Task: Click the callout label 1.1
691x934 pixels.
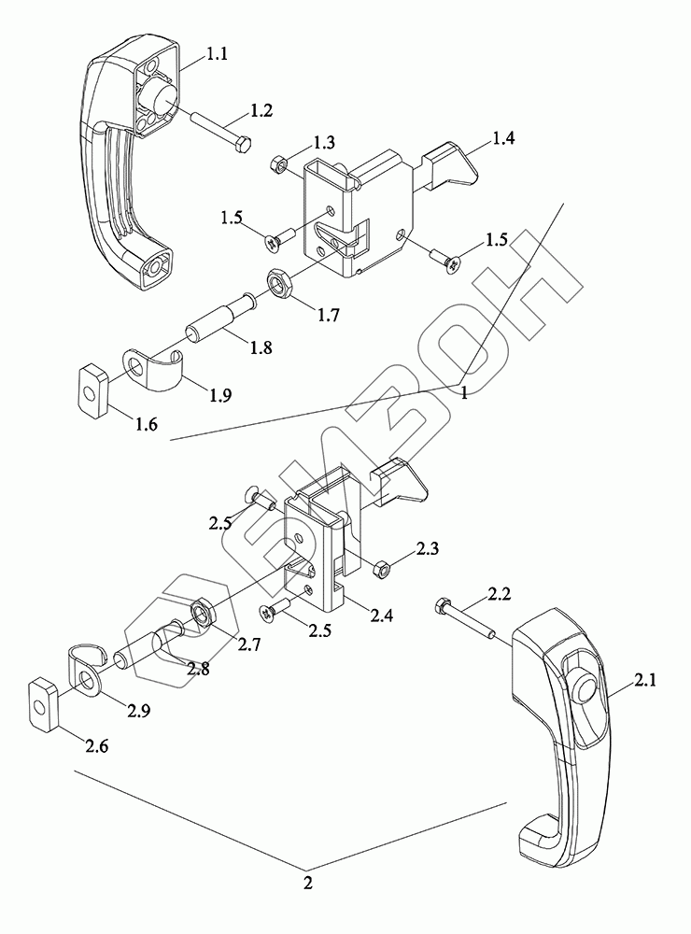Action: [x=218, y=54]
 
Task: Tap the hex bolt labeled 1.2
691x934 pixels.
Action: [x=221, y=131]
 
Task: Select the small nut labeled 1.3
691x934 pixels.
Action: [x=276, y=162]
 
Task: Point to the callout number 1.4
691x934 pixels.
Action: [x=504, y=138]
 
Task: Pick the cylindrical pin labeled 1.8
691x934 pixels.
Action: [x=221, y=317]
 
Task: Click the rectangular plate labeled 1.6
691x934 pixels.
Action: [x=92, y=389]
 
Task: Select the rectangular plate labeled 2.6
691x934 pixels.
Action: [x=43, y=704]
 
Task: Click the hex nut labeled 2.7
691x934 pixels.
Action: [x=200, y=613]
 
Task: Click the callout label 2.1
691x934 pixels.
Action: [x=645, y=680]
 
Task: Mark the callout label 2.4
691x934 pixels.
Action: [x=381, y=615]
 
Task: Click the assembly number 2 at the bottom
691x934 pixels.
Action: [x=308, y=883]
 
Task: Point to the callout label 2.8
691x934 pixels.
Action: [x=197, y=669]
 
